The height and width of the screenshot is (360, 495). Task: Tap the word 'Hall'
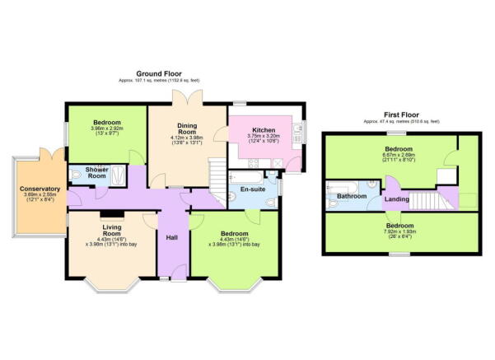coord(172,237)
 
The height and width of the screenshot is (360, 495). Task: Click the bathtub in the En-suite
coord(246,175)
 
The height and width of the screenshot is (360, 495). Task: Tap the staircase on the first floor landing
coord(427,200)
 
